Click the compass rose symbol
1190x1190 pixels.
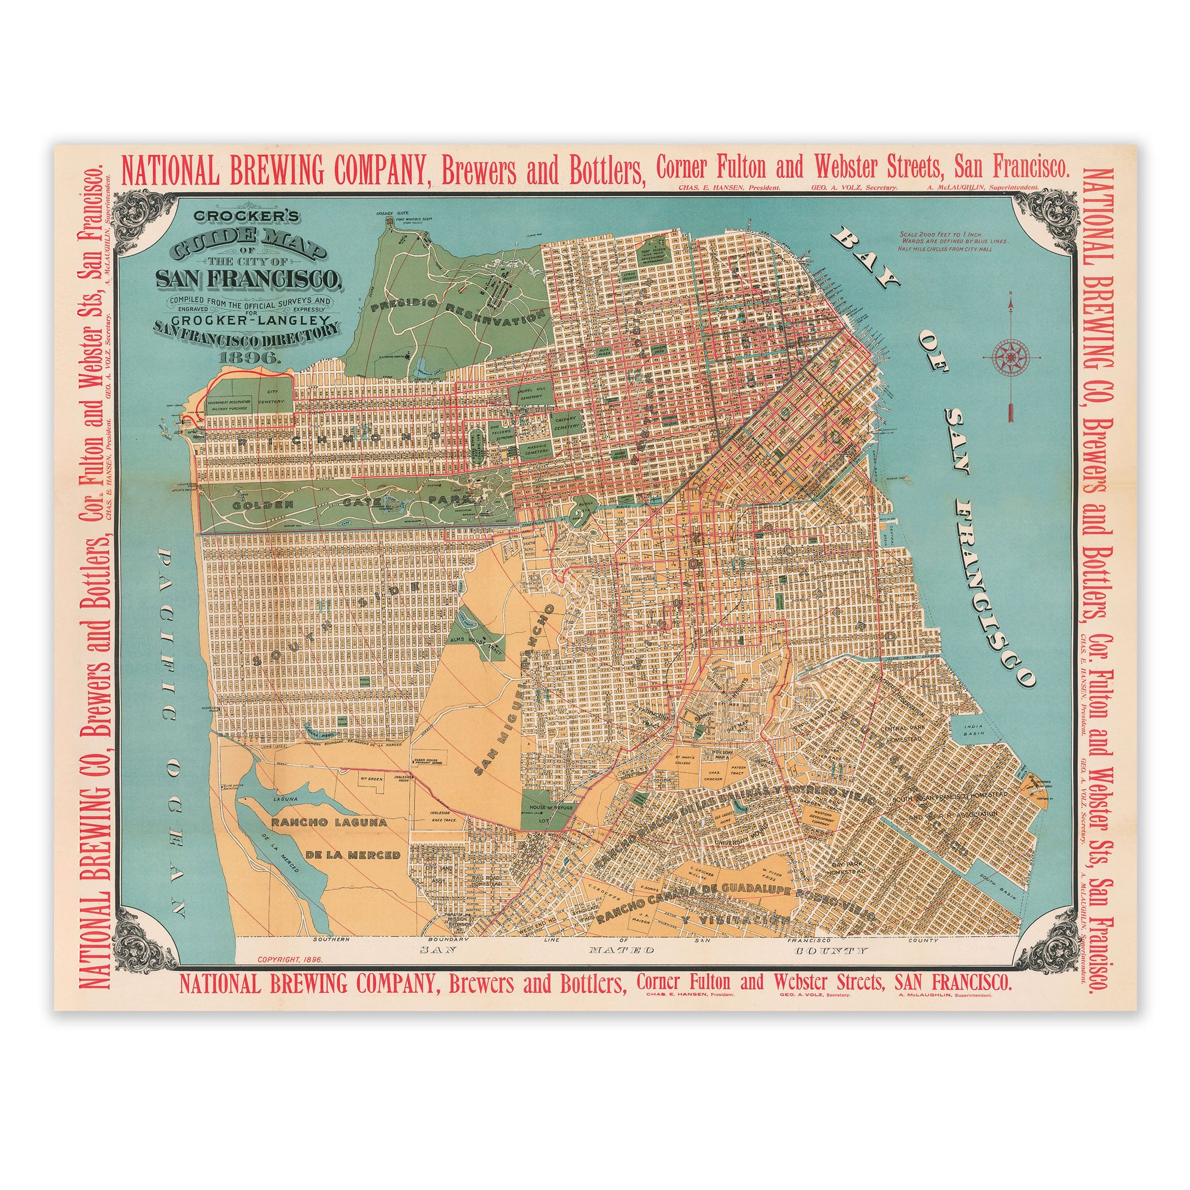pyautogui.click(x=1011, y=357)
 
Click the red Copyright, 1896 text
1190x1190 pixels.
pyautogui.click(x=290, y=959)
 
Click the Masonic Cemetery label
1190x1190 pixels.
pyautogui.click(x=536, y=450)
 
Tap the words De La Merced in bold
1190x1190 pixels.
pyautogui.click(x=353, y=855)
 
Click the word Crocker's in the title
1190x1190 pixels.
pyautogui.click(x=246, y=216)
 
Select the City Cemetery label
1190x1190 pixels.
pyautogui.click(x=272, y=396)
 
